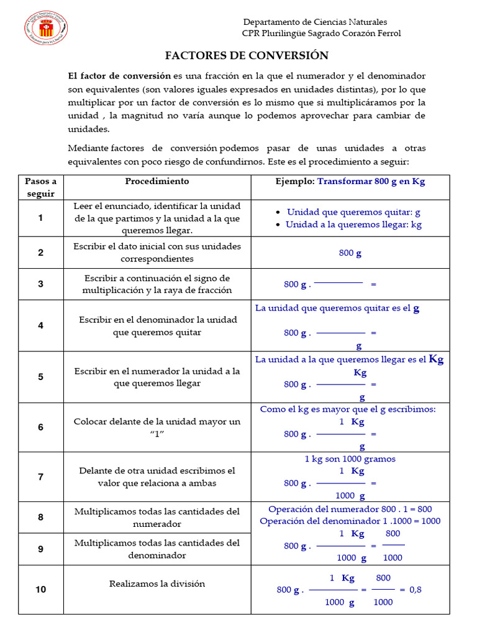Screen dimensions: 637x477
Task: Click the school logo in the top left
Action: (x=46, y=28)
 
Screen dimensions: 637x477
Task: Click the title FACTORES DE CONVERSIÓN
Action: (x=247, y=55)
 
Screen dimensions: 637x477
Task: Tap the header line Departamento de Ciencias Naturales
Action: (x=315, y=22)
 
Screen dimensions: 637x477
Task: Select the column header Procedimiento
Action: (x=157, y=182)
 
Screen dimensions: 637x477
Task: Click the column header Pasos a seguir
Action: (x=41, y=187)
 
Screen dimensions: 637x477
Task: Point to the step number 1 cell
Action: (x=41, y=218)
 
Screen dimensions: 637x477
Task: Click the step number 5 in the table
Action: (x=41, y=377)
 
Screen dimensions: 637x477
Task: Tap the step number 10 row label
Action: (x=41, y=589)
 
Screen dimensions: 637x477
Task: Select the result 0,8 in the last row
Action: (x=415, y=589)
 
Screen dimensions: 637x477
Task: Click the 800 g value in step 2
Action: (x=350, y=253)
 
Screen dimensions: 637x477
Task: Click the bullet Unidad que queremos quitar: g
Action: (x=353, y=212)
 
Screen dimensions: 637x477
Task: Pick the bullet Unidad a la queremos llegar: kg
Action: (x=353, y=225)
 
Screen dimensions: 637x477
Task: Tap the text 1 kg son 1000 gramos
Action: (x=350, y=459)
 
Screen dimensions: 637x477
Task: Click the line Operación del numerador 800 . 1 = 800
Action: (x=350, y=509)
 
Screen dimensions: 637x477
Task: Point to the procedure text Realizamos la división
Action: (x=157, y=584)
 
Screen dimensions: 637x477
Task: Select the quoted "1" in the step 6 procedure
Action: (x=157, y=434)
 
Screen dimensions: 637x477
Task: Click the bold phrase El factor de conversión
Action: (x=119, y=76)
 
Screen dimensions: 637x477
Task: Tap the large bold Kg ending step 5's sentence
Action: (x=437, y=360)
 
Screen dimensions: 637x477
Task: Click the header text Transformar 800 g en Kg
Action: (x=371, y=182)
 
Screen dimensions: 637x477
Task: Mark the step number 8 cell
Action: (x=41, y=518)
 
